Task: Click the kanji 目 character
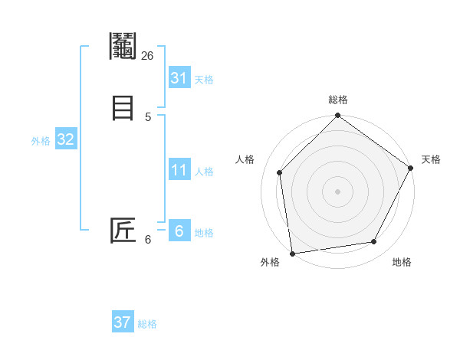pyautogui.click(x=123, y=107)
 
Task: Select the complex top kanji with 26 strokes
pyautogui.click(x=123, y=47)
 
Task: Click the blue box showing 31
pyautogui.click(x=179, y=78)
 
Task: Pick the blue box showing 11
pyautogui.click(x=179, y=170)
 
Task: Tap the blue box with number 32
pyautogui.click(x=65, y=139)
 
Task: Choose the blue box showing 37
pyautogui.click(x=123, y=322)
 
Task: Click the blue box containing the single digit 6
pyautogui.click(x=179, y=231)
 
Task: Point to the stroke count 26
pyautogui.click(x=148, y=56)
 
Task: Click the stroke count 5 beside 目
pyautogui.click(x=148, y=116)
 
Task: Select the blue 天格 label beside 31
pyautogui.click(x=204, y=80)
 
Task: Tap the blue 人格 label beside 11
pyautogui.click(x=204, y=172)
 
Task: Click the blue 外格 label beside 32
pyautogui.click(x=41, y=141)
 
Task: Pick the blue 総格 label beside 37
pyautogui.click(x=147, y=324)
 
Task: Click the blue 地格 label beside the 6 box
pyautogui.click(x=204, y=233)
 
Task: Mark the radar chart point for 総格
pyautogui.click(x=337, y=116)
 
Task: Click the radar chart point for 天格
pyautogui.click(x=410, y=168)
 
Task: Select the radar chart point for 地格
pyautogui.click(x=374, y=242)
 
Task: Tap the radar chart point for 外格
pyautogui.click(x=292, y=253)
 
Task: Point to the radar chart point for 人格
pyautogui.click(x=280, y=172)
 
